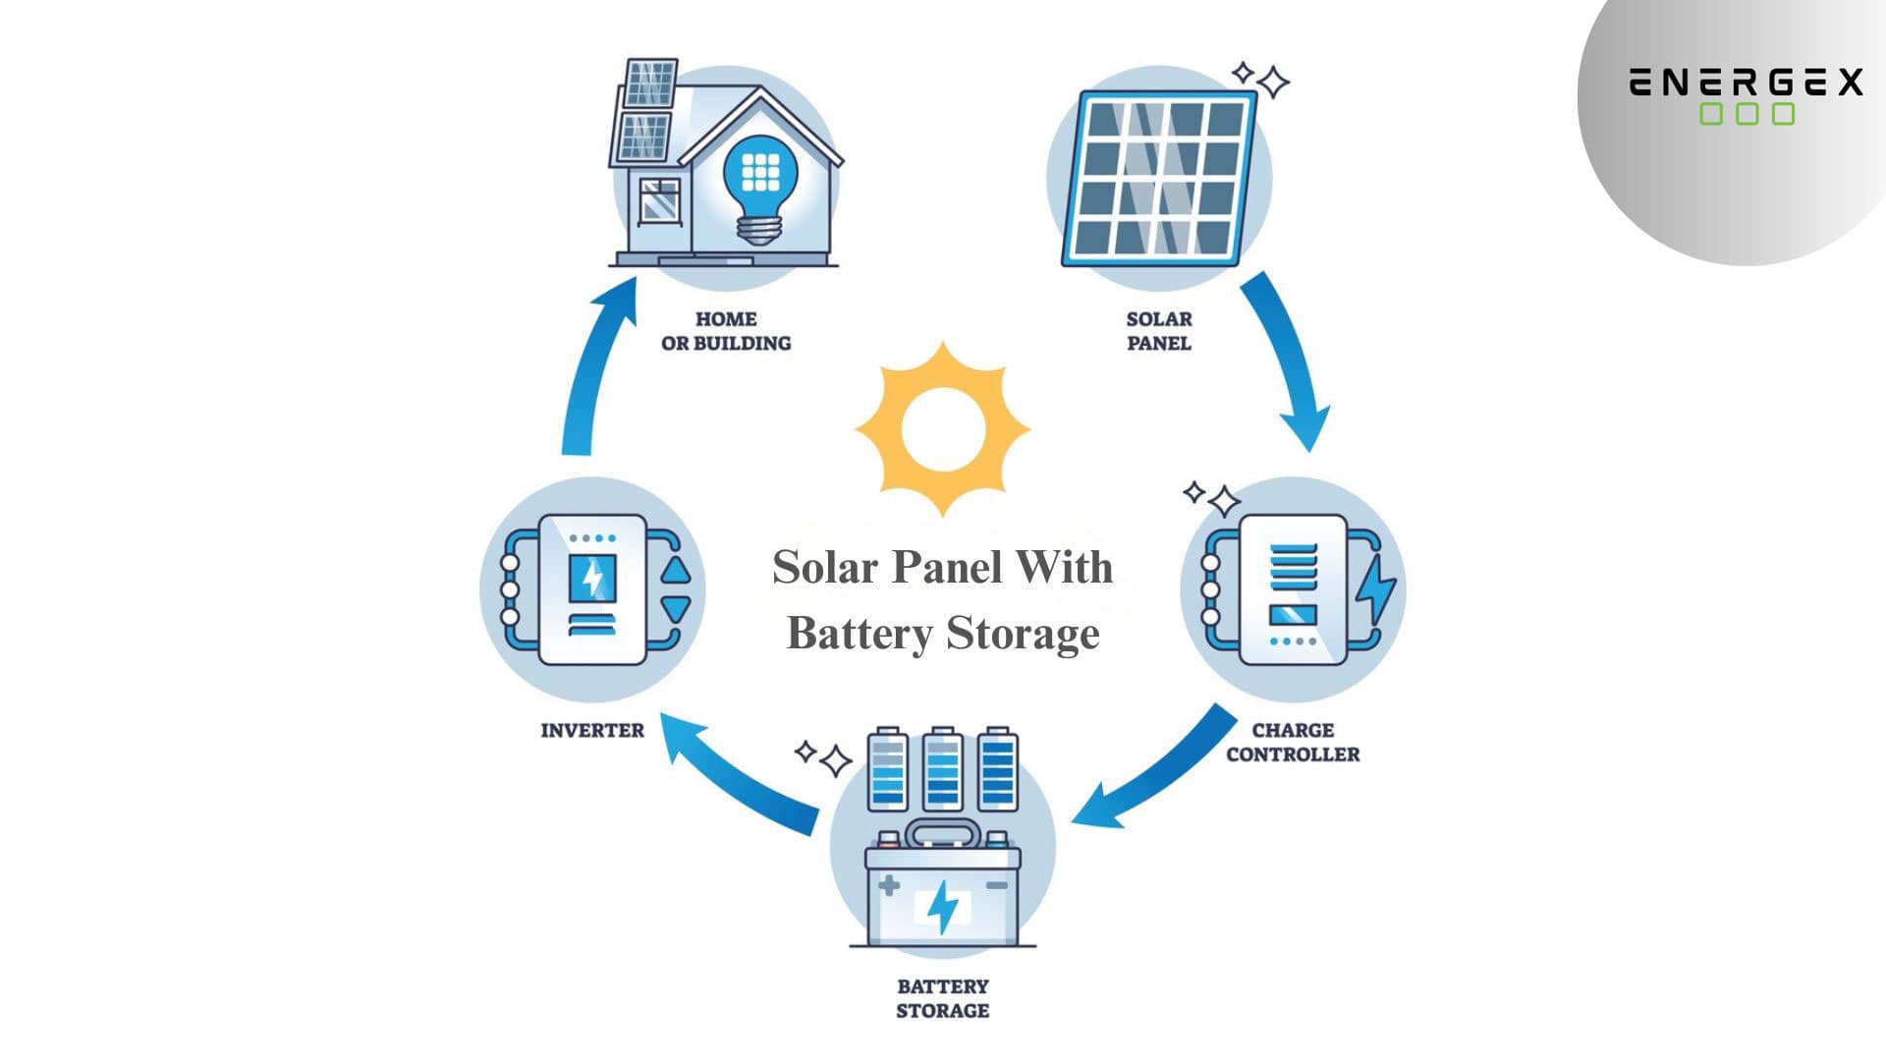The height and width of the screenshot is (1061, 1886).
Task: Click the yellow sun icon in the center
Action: tap(942, 429)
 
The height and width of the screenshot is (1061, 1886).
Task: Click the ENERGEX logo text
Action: tap(1746, 83)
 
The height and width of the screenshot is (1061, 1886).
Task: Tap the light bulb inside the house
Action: tap(759, 187)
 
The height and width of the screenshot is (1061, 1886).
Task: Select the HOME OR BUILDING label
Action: tap(726, 331)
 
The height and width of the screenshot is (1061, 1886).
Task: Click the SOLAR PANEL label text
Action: tap(1159, 331)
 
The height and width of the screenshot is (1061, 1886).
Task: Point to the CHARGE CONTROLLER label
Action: tap(1293, 743)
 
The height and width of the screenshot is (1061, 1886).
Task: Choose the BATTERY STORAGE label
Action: tap(942, 998)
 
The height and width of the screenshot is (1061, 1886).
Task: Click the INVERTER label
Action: tap(592, 731)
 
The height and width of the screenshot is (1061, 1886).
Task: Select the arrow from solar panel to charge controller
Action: tap(1291, 359)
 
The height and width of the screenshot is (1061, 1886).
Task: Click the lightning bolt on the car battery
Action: tap(943, 906)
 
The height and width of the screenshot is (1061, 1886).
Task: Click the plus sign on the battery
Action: tap(889, 885)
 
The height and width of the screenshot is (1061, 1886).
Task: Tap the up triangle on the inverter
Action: tap(676, 572)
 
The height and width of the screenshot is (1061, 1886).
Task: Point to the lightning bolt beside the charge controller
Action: tap(1375, 589)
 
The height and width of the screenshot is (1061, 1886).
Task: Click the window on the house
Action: tap(659, 200)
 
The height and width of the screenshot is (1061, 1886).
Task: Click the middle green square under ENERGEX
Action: tap(1747, 114)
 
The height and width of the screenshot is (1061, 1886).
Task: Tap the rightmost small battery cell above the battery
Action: tap(997, 771)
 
